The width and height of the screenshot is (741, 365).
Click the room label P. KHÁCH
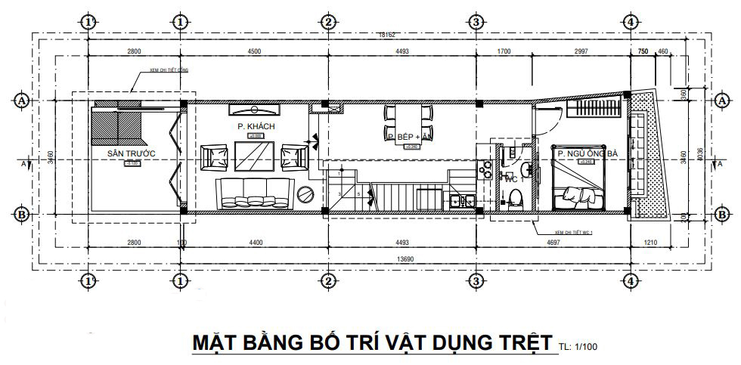coord(256,126)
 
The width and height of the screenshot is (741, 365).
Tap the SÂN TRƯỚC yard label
coord(131,153)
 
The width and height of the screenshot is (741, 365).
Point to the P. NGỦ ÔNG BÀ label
coord(588,153)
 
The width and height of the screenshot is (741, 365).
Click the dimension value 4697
coord(554,243)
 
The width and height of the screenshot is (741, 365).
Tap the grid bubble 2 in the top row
coord(327,22)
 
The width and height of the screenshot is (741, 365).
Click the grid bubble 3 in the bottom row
coord(476,280)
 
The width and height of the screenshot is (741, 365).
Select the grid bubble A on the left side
coord(23,100)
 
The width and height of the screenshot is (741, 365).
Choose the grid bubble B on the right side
coord(719,215)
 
